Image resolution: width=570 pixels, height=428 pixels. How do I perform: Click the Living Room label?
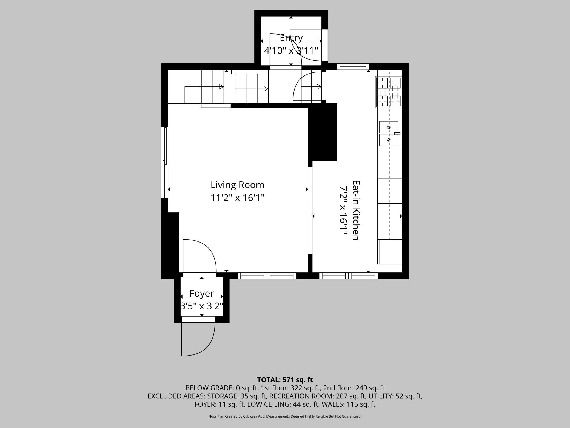237,185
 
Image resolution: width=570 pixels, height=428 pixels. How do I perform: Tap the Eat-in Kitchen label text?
355,210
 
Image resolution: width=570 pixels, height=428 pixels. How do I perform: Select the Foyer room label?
201,294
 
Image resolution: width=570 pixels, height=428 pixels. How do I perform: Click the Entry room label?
291,38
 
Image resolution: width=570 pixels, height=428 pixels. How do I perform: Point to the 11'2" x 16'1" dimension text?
237,198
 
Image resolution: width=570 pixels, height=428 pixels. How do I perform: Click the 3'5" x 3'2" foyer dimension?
201,306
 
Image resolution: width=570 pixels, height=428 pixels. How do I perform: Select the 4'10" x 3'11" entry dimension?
291,50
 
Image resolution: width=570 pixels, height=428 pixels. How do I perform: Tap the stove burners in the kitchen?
389,92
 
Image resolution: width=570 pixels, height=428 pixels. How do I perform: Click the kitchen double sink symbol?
389,134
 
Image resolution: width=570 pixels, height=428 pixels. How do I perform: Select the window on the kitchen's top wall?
353,67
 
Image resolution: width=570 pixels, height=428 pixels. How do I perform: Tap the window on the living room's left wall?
165,162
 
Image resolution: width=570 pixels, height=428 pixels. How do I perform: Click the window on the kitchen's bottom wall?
348,276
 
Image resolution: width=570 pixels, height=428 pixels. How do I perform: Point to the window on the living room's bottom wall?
267,276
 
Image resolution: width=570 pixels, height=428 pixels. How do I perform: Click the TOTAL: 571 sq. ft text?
285,380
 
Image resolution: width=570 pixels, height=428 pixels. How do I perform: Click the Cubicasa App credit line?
285,416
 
